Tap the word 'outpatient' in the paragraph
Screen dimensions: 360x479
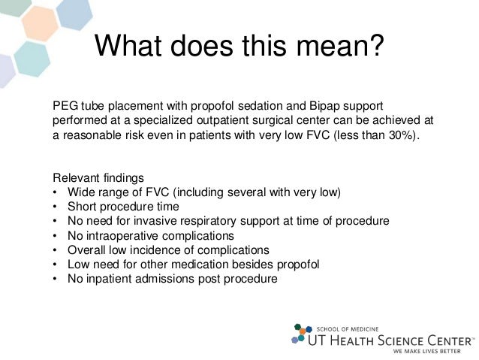pyautogui.click(x=220, y=120)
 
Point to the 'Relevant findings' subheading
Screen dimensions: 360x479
pyautogui.click(x=98, y=178)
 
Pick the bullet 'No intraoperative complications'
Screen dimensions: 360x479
pyautogui.click(x=150, y=235)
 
